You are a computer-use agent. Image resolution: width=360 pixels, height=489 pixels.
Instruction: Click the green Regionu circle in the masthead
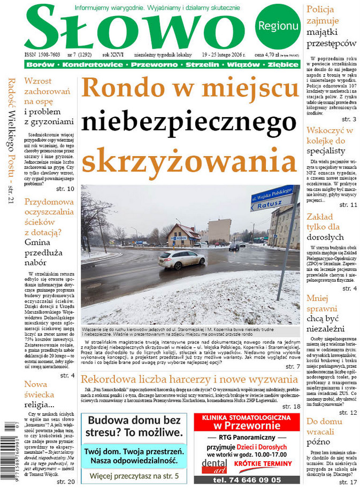(278, 26)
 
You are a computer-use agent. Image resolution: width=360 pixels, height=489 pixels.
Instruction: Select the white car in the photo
(181, 259)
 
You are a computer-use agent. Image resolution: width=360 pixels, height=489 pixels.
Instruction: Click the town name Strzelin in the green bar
(203, 65)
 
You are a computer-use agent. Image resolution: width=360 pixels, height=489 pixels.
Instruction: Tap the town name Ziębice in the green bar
(283, 65)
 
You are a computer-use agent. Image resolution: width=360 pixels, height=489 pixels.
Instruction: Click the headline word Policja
(320, 9)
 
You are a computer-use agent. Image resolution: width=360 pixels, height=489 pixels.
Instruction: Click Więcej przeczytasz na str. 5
(134, 475)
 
